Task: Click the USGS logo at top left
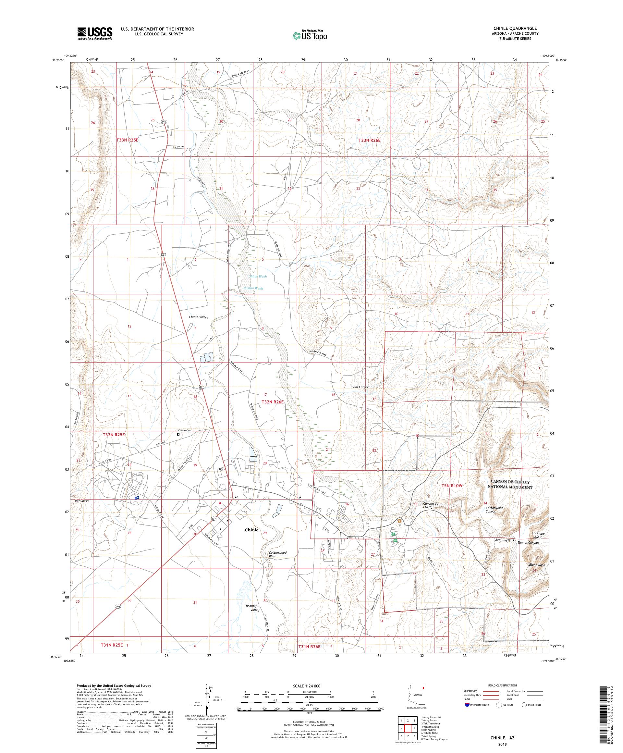click(95, 34)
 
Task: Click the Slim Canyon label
click(360, 387)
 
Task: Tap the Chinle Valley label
click(199, 317)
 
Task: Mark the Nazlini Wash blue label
click(253, 288)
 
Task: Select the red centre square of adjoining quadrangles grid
click(408, 729)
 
